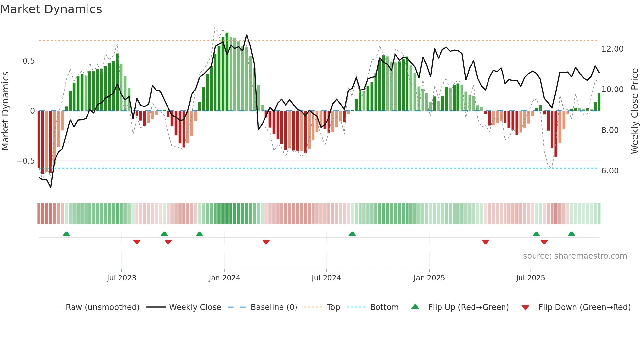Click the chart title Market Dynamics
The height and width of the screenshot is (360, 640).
51,9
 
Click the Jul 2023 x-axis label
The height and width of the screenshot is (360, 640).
121,278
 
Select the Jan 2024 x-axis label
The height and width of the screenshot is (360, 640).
224,278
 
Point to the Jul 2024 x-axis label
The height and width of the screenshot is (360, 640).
326,278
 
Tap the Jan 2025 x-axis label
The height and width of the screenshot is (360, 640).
429,278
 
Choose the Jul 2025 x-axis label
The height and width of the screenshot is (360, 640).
531,278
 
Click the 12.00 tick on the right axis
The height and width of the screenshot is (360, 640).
612,49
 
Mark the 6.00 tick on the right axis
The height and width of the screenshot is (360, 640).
610,171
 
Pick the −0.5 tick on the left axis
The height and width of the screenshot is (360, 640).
25,161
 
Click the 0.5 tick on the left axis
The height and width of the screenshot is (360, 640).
28,61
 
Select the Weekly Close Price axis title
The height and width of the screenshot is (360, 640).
634,111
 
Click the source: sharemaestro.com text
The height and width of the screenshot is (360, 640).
575,256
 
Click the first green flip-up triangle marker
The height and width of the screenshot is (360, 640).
66,234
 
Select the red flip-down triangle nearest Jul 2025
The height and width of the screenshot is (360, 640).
544,242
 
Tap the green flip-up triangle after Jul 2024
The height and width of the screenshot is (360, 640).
352,234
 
